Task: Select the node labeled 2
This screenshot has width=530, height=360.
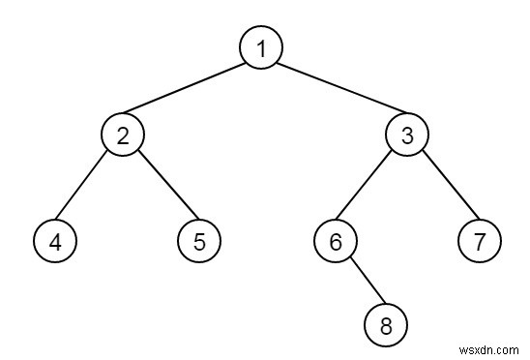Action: tap(123, 135)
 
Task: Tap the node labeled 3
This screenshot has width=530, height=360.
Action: tap(406, 135)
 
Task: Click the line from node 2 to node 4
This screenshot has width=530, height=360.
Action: tap(89, 187)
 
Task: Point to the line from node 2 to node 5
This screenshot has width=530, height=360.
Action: tap(161, 187)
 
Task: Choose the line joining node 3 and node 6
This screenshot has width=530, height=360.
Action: tap(371, 187)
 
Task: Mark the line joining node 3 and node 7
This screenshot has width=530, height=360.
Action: tap(443, 187)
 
